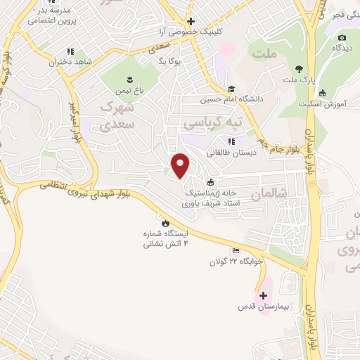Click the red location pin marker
pyautogui.click(x=181, y=165)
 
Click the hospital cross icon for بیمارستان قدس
pyautogui.click(x=264, y=295)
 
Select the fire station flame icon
pyautogui.click(x=165, y=222)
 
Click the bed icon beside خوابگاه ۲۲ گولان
pyautogui.click(x=236, y=251)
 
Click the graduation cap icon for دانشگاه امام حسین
pyautogui.click(x=231, y=89)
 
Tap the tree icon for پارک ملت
pyautogui.click(x=300, y=69)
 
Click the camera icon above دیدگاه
pyautogui.click(x=342, y=37)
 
